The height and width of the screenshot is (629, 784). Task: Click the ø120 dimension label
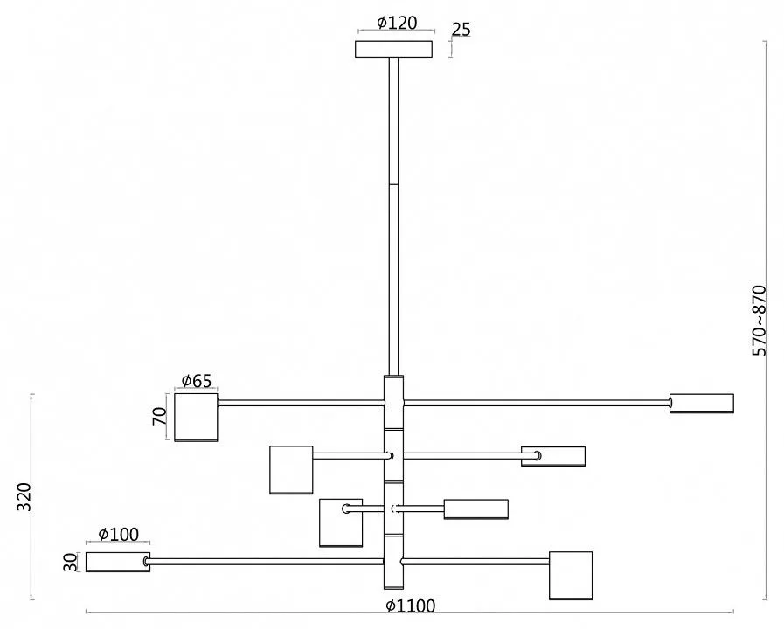[x=397, y=23]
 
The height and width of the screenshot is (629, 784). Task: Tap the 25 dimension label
[x=461, y=30]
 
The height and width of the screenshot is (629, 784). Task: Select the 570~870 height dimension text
[x=759, y=321]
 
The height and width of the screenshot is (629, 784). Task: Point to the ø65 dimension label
[x=197, y=381]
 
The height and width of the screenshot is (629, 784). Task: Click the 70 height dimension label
[x=159, y=416]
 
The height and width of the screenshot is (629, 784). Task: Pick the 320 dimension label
[x=24, y=497]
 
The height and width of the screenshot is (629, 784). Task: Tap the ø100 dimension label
[x=119, y=534]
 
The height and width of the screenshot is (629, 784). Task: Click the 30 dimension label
[x=71, y=562]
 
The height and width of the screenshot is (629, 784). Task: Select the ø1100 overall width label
[x=411, y=606]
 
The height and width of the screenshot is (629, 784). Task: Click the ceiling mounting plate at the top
[x=394, y=50]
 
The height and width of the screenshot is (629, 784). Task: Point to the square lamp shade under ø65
[x=196, y=418]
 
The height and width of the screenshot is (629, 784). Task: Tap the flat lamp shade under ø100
[x=118, y=562]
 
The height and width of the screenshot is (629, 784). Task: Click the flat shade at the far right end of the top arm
[x=702, y=404]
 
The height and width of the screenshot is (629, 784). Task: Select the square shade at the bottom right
[x=571, y=576]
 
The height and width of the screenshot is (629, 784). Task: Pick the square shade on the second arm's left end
[x=292, y=470]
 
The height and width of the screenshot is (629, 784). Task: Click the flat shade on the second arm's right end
[x=553, y=456]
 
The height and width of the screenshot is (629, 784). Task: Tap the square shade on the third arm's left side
[x=341, y=522]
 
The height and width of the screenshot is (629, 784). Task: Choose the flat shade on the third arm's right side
[x=476, y=509]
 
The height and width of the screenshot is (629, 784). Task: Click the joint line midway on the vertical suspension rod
[x=394, y=185]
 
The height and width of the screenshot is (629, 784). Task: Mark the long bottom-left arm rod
[x=266, y=562]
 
